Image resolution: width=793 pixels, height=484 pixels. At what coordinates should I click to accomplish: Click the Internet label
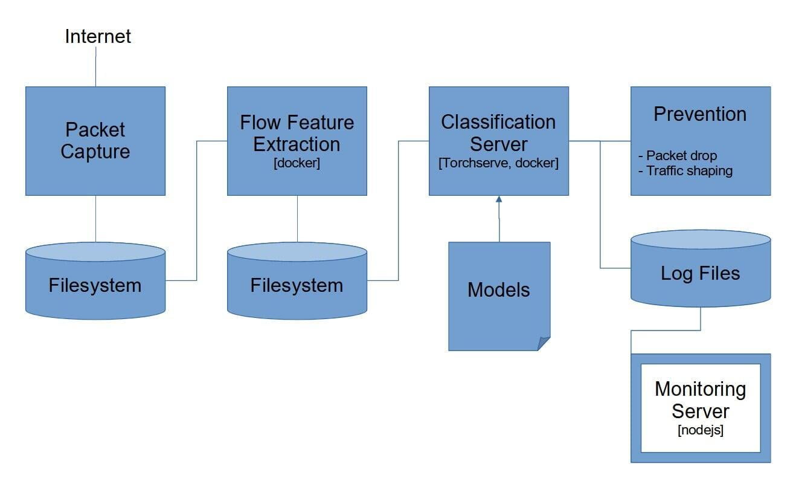click(x=98, y=36)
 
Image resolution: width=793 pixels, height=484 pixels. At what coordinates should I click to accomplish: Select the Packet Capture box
click(x=95, y=141)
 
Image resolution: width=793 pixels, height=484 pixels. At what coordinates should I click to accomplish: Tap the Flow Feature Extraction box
click(x=297, y=141)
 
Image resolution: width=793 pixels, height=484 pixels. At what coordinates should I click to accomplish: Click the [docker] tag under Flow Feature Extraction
click(x=297, y=163)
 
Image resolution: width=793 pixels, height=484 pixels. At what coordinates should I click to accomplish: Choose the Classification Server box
click(x=499, y=141)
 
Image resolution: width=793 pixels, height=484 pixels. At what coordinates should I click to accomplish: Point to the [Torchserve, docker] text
click(x=498, y=163)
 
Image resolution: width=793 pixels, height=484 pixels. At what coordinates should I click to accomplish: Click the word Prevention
click(x=700, y=114)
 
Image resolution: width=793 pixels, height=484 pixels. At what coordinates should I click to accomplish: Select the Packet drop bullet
click(x=678, y=155)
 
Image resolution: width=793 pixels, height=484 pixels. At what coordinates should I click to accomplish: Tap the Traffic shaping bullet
click(x=685, y=170)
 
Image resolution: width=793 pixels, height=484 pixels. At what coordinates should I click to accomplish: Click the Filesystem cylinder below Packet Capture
click(x=95, y=281)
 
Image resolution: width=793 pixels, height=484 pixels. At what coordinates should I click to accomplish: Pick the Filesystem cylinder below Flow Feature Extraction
click(x=297, y=281)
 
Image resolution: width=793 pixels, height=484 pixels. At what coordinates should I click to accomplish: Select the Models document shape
click(x=499, y=296)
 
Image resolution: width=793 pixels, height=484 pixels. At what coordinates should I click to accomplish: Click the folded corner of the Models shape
click(x=543, y=343)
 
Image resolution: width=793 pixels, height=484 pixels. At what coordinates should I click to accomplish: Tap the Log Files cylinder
click(x=701, y=268)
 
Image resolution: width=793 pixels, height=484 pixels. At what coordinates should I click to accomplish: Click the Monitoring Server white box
click(x=701, y=408)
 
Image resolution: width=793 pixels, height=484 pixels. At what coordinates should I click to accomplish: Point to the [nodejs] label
click(x=700, y=430)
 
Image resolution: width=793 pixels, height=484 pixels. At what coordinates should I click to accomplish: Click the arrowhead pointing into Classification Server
click(x=499, y=199)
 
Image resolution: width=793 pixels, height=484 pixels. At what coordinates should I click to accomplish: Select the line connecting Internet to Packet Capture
click(x=95, y=66)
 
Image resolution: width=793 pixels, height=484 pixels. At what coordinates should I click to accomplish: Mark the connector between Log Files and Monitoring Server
click(x=666, y=331)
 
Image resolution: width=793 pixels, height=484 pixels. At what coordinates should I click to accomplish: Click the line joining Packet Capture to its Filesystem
click(x=95, y=219)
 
